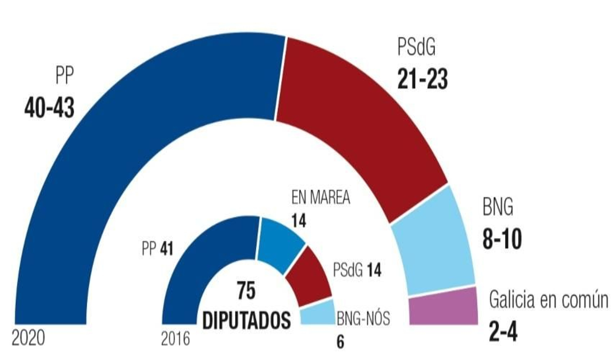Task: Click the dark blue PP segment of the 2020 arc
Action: (115, 134)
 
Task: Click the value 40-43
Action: (49, 108)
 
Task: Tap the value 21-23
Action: (422, 79)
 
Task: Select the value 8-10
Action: (502, 239)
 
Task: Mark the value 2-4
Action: (503, 331)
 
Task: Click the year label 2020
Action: (28, 339)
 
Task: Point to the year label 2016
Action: (176, 339)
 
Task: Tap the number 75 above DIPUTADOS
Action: (246, 291)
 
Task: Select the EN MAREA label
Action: (321, 197)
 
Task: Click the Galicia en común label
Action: (548, 300)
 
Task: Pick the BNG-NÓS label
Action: (363, 318)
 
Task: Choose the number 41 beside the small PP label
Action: (167, 249)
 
